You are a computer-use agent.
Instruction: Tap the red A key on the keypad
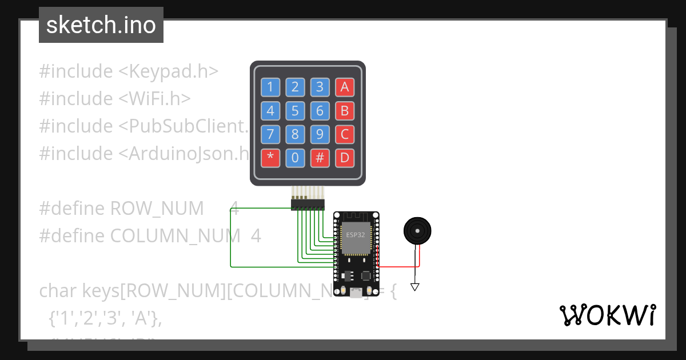[x=345, y=87]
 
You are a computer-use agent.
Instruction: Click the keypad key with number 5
[x=295, y=110]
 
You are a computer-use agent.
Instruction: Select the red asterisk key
[x=270, y=158]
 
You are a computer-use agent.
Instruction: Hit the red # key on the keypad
[x=320, y=158]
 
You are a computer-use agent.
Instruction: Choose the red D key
[x=345, y=158]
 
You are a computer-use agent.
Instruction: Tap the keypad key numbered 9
[x=320, y=135]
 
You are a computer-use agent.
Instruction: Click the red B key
[x=345, y=110]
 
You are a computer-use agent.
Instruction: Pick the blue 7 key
[x=270, y=135]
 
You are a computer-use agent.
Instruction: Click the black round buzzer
[x=417, y=231]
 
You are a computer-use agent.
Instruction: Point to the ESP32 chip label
[x=356, y=235]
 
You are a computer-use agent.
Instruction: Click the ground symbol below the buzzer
[x=415, y=287]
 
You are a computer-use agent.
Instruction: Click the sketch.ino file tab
[x=101, y=25]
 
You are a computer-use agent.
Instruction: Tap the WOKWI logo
[x=607, y=315]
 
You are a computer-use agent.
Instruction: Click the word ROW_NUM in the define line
[x=157, y=209]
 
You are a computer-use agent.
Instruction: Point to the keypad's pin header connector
[x=308, y=203]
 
